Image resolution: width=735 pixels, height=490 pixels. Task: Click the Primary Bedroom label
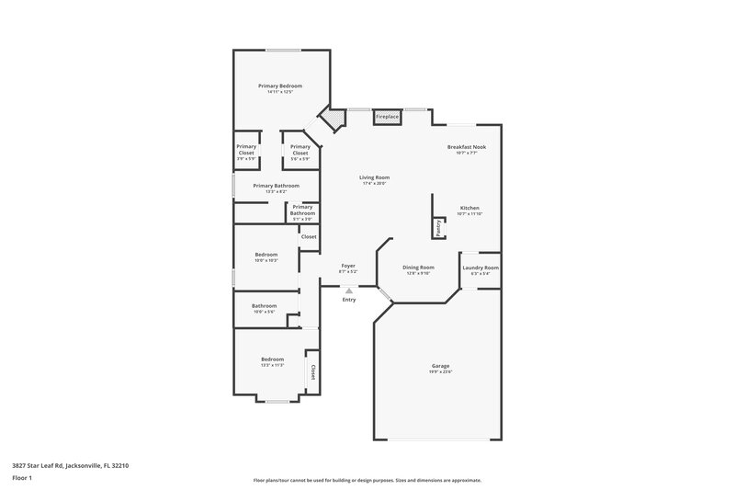[279, 85]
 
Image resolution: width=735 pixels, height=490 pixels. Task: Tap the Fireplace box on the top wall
[387, 117]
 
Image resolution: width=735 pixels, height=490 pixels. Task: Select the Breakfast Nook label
[466, 147]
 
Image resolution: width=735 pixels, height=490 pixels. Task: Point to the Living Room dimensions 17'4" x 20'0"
[374, 184]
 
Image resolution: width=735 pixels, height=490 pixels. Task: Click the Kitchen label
[469, 209]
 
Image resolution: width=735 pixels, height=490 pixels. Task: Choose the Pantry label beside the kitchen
[439, 226]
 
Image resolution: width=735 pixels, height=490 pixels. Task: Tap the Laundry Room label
[480, 268]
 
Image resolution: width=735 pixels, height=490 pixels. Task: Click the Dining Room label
[418, 268]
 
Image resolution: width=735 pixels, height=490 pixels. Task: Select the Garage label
[440, 365]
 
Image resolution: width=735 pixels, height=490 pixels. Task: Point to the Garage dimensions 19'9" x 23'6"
[440, 371]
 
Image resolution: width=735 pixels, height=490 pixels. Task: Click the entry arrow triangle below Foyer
[348, 291]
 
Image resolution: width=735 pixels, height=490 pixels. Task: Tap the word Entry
[348, 300]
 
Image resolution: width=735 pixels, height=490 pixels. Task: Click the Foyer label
[348, 266]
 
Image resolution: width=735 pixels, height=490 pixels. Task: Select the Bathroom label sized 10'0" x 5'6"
[265, 305]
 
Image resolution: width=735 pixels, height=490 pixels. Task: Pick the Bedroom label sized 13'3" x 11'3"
[272, 359]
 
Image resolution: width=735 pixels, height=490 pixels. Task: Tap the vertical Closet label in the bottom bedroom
[312, 371]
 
